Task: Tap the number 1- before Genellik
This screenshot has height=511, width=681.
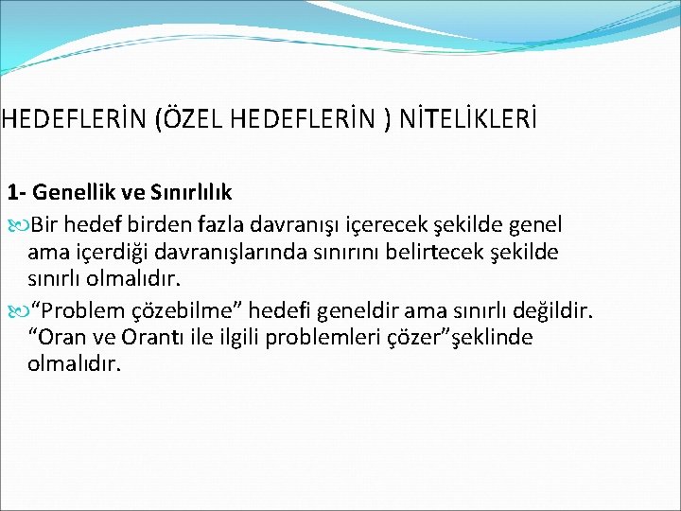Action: (x=17, y=193)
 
